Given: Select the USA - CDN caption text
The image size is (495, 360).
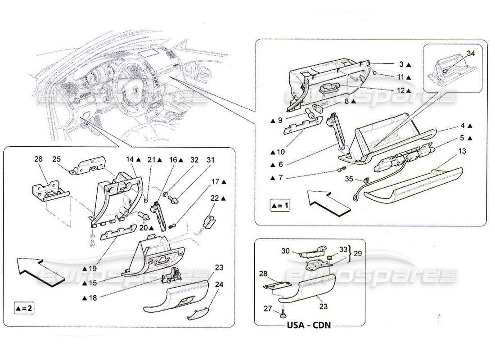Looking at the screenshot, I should [309, 324].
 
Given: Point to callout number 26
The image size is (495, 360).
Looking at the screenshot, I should [39, 159].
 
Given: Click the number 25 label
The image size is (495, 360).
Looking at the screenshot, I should [56, 159].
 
